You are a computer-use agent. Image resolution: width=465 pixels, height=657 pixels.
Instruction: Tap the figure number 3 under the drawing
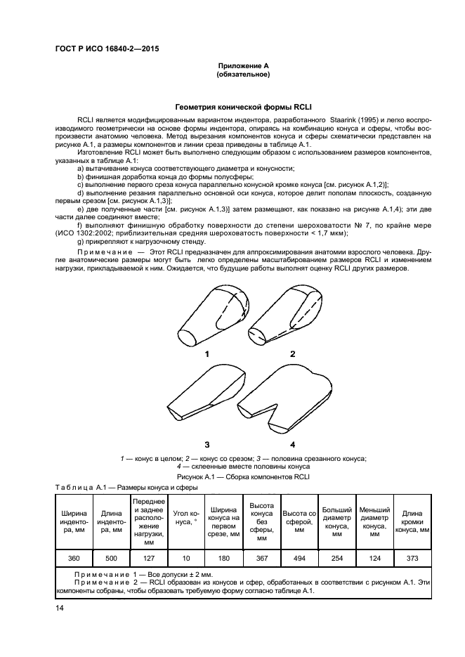click(x=207, y=445)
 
